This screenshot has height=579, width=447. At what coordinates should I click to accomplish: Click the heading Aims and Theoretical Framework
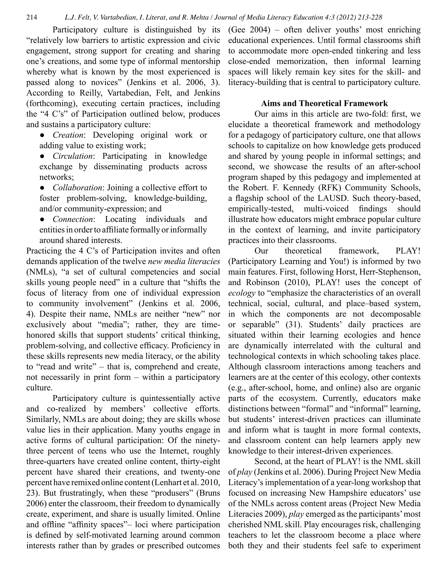click(x=324, y=103)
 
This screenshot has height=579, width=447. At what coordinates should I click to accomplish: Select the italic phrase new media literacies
click(x=184, y=261)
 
